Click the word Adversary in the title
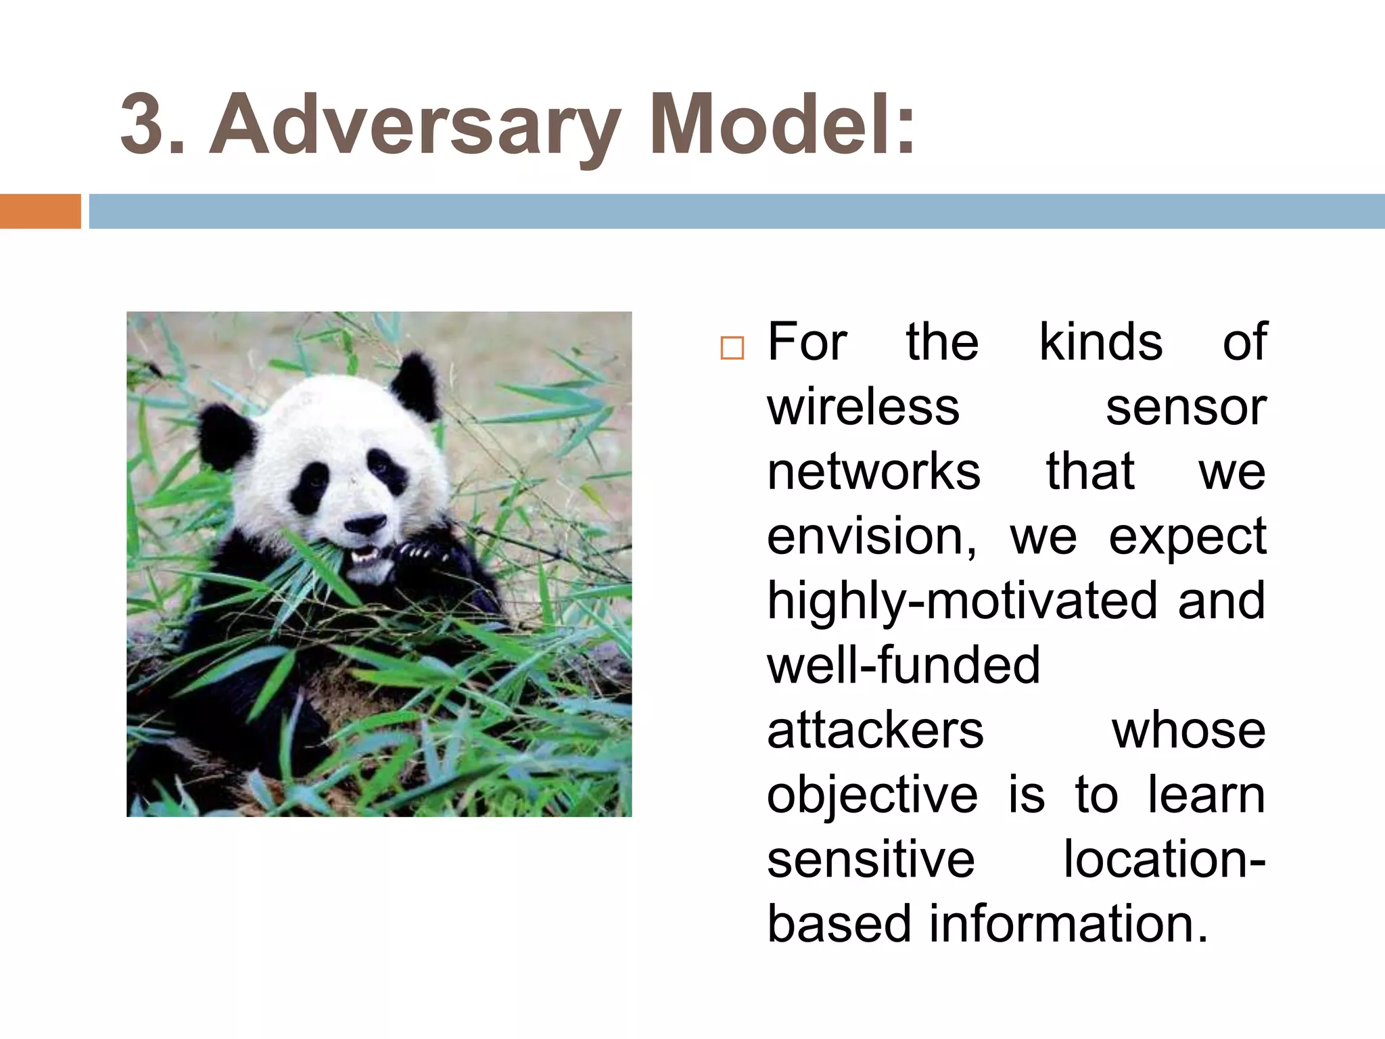(414, 126)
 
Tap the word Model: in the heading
(781, 126)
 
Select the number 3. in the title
(153, 126)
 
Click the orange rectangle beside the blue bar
(40, 211)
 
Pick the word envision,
(872, 537)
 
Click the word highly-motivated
(961, 601)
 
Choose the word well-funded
(903, 666)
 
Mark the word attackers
(875, 731)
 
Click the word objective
(872, 795)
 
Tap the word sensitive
(871, 859)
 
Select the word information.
(1068, 924)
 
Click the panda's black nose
(365, 524)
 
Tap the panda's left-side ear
(227, 436)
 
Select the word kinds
(1100, 342)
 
